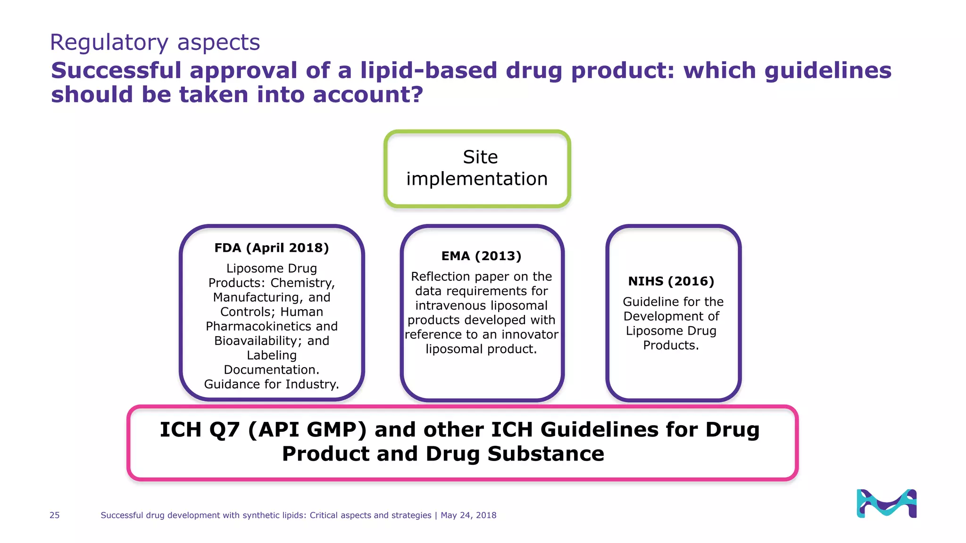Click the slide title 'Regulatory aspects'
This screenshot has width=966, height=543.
(x=155, y=42)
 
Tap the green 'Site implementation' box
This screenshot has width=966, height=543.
(x=477, y=168)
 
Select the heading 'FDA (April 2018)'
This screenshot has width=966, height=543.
(x=271, y=248)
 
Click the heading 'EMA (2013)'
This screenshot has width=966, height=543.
(x=481, y=256)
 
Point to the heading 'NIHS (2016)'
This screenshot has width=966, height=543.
(x=671, y=281)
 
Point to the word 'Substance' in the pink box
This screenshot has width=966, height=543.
(x=546, y=454)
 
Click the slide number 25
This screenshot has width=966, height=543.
(x=55, y=515)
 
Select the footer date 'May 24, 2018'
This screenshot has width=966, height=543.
(x=468, y=515)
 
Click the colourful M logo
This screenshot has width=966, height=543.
(x=886, y=503)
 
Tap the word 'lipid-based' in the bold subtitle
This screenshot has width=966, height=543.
(x=429, y=71)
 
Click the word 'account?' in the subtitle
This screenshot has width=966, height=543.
(x=368, y=95)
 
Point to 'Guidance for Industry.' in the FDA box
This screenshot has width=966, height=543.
(x=271, y=384)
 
